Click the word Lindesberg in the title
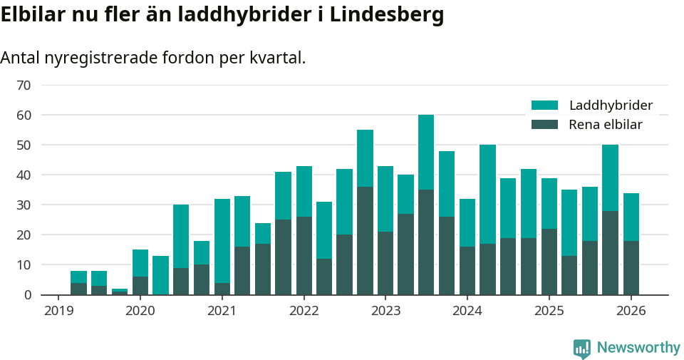[x=385, y=14]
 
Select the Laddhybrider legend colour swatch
[x=545, y=106]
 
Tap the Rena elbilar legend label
[x=606, y=125]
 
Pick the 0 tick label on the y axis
[x=27, y=295]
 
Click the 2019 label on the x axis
[x=58, y=312]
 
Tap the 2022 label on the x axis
[x=304, y=312]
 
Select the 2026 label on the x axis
[x=631, y=312]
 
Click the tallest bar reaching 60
[x=426, y=207]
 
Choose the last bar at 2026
[x=631, y=246]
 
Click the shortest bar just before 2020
[x=120, y=292]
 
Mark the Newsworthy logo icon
[x=581, y=349]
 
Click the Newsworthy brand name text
[x=638, y=348]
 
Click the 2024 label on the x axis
[x=467, y=312]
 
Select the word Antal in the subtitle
[x=20, y=58]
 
